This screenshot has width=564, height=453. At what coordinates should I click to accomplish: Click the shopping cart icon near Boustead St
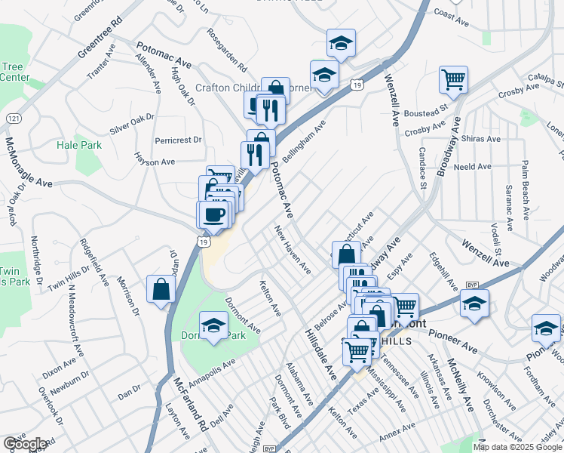(453, 79)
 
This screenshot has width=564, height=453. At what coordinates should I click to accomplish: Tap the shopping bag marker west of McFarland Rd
(161, 288)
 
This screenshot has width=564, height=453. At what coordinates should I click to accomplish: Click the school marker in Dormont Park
(214, 325)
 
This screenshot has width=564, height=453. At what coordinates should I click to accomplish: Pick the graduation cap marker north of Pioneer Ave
(474, 304)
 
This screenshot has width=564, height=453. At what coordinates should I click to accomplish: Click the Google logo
(26, 444)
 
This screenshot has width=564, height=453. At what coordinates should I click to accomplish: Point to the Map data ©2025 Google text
(517, 447)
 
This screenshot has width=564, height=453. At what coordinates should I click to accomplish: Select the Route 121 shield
(14, 119)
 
